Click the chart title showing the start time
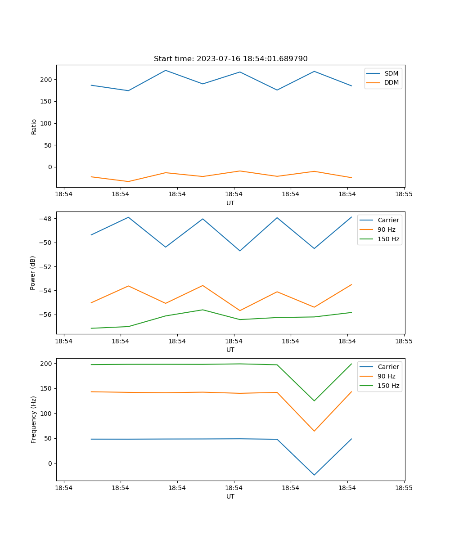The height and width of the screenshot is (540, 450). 230,59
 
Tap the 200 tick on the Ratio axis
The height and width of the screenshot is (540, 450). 47,80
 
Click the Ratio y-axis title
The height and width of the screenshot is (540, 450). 34,126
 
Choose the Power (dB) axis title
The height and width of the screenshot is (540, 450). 33,273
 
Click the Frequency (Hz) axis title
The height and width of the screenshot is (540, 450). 34,419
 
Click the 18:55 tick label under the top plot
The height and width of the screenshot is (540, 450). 404,194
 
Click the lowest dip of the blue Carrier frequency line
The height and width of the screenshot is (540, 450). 314,475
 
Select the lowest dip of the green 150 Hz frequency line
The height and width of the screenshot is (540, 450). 314,400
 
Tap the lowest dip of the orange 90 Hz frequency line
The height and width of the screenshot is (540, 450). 314,431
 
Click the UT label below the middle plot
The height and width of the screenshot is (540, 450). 230,350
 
